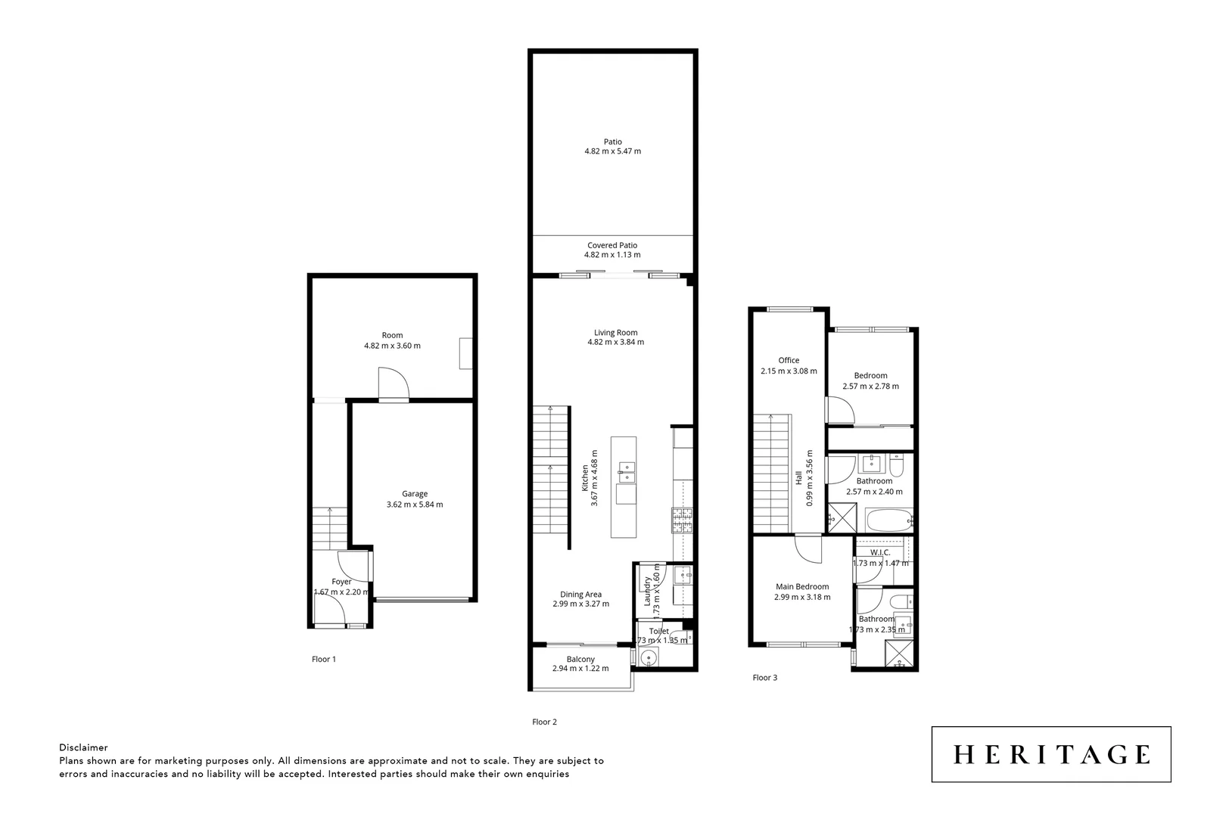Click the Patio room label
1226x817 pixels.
tap(612, 141)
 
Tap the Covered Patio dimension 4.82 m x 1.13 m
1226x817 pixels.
tap(612, 255)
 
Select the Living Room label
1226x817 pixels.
tap(615, 332)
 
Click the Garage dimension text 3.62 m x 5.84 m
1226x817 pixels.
tap(414, 505)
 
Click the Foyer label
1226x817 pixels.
tap(341, 582)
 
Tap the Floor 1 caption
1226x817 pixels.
tap(323, 659)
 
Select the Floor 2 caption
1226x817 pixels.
tap(544, 722)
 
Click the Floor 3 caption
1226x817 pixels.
tap(764, 678)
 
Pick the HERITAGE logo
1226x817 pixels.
tap(1050, 754)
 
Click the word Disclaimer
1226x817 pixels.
tap(83, 747)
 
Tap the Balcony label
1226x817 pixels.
tap(580, 659)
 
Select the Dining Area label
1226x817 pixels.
tap(580, 594)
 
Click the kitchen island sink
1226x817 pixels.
tap(625, 472)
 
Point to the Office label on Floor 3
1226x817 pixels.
tap(789, 360)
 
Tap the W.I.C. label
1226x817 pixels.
tap(880, 552)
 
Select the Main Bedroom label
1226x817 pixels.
tap(801, 586)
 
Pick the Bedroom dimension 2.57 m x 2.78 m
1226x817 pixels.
tap(870, 386)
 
